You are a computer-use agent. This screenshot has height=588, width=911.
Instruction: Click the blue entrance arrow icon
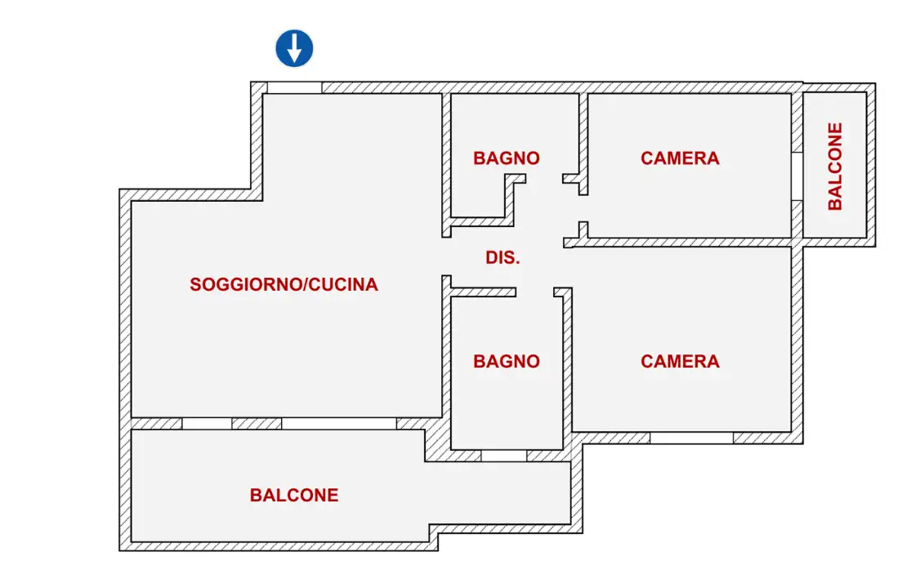tap(294, 48)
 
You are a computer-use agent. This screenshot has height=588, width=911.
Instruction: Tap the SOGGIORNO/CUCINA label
tap(284, 285)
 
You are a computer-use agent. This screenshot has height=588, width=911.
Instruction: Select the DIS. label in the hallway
tap(502, 258)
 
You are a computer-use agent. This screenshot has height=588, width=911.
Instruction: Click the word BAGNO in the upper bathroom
tap(506, 158)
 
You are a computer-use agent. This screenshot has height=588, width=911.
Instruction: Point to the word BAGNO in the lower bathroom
tap(506, 361)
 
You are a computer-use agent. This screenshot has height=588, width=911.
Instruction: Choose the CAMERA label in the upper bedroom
tap(680, 158)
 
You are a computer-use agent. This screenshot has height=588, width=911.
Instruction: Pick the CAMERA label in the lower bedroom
tap(680, 361)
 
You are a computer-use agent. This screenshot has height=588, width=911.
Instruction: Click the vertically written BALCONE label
tap(835, 167)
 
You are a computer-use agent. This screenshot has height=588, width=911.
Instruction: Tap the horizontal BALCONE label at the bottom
tap(294, 495)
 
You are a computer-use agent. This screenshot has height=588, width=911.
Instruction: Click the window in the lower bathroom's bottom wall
tap(503, 456)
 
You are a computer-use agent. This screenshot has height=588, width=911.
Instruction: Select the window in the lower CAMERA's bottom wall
tap(691, 438)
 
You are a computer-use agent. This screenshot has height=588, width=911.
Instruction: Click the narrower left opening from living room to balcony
tap(207, 424)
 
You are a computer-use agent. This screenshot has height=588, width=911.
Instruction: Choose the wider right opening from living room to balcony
tap(339, 424)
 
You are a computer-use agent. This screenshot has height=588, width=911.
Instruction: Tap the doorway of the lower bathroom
tap(534, 292)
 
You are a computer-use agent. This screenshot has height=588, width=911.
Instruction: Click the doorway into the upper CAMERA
tap(583, 208)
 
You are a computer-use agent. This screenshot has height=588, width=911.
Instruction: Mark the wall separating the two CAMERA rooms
tap(686, 243)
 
